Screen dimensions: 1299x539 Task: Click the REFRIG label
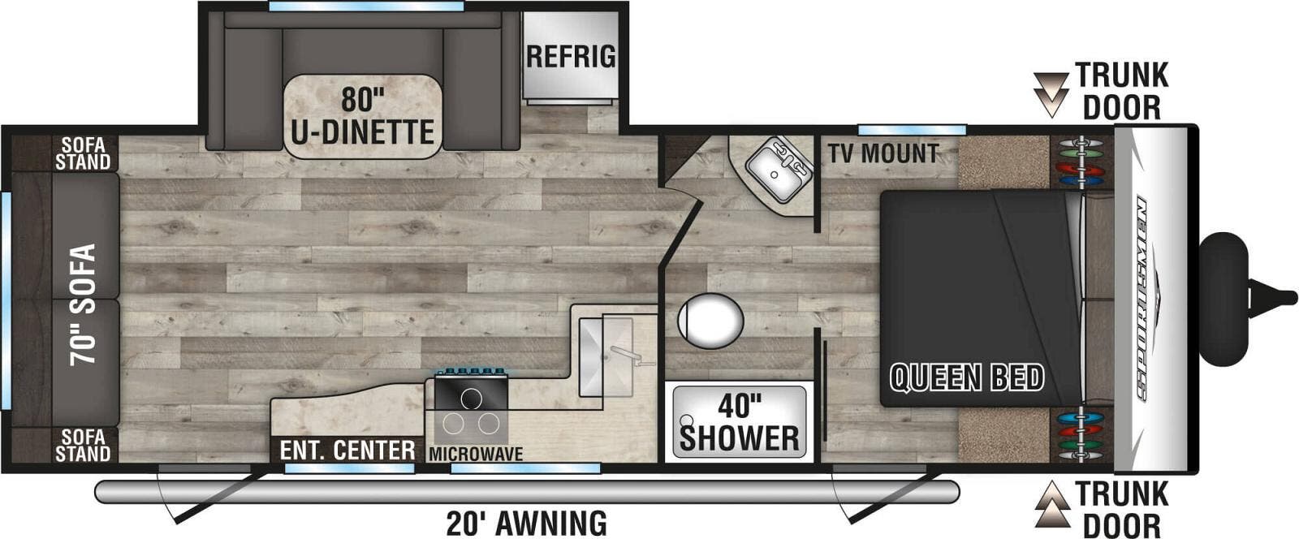coord(571,57)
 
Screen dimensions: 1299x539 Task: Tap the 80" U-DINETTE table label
coord(362,116)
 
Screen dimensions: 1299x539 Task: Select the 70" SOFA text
coord(83,305)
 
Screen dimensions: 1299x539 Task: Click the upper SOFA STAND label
coord(82,153)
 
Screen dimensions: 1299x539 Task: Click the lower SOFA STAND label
coord(82,445)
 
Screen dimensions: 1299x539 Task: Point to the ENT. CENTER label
coord(347,451)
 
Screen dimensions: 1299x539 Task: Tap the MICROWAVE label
coord(476,454)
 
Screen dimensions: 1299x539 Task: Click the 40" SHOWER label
coord(739,422)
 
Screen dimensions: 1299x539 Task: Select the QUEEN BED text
coord(967,378)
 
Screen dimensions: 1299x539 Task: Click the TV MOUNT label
coord(883,153)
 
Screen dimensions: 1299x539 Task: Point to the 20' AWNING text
coord(527,524)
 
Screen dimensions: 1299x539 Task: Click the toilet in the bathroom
coord(710,321)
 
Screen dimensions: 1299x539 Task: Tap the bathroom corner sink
coord(777,170)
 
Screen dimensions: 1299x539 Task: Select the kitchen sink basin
coord(606,356)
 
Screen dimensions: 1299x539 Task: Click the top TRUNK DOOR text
coord(1122,91)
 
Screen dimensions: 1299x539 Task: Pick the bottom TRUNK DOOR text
coord(1122,509)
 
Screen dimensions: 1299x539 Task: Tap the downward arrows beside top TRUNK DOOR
coord(1051,95)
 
